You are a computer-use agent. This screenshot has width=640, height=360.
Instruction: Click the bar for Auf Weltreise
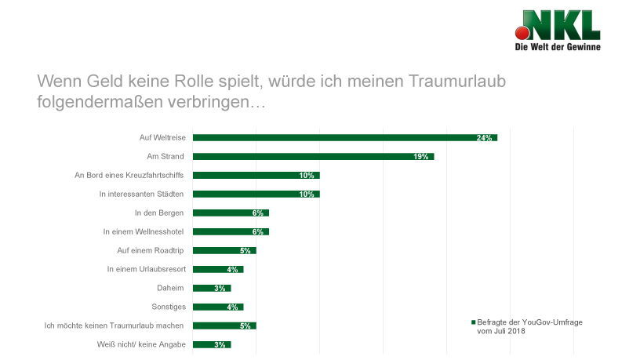click(345, 137)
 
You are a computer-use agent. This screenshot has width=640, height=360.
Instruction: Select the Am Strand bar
click(313, 156)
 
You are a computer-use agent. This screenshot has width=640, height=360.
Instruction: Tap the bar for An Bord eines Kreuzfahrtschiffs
click(256, 175)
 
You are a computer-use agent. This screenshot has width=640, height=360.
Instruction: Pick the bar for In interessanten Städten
click(256, 194)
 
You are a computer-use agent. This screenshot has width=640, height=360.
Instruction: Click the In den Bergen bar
click(231, 213)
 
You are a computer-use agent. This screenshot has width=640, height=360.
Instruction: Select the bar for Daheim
click(212, 288)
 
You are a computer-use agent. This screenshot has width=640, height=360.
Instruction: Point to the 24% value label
click(484, 138)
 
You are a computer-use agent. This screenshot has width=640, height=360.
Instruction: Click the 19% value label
click(420, 157)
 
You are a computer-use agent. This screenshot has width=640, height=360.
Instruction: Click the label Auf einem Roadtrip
click(149, 250)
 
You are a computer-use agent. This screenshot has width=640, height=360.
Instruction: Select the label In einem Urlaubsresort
click(145, 269)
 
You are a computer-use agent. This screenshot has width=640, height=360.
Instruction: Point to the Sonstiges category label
click(167, 307)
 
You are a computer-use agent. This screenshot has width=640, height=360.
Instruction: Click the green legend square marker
click(473, 322)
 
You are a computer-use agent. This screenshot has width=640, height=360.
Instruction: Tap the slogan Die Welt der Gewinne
click(557, 48)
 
